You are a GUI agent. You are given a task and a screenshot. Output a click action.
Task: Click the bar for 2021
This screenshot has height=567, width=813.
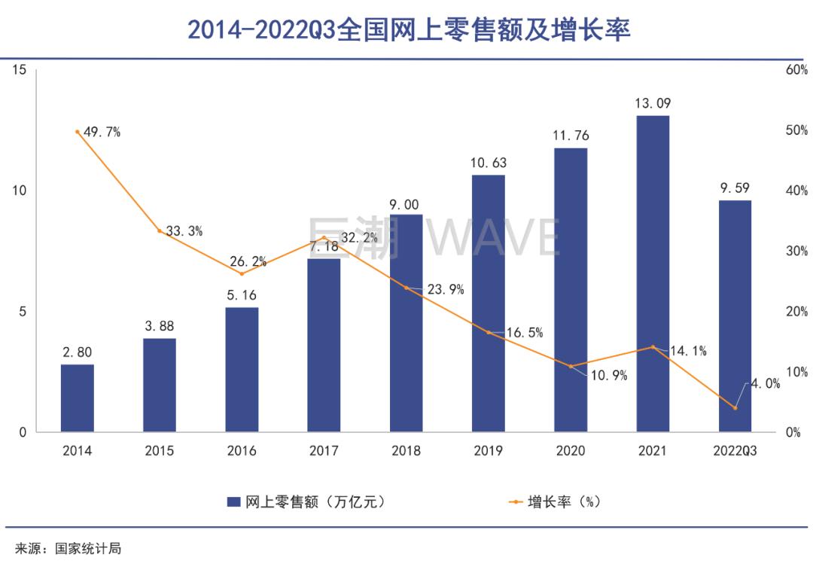pos(652,274)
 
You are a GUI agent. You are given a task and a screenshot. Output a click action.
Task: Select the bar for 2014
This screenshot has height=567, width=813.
pos(78,398)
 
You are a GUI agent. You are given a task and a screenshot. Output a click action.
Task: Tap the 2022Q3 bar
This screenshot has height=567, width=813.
pos(735,316)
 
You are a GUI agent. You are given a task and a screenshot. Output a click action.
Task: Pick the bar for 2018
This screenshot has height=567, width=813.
pos(406,324)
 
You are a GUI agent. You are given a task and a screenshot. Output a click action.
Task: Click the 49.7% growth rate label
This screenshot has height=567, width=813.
pos(102,133)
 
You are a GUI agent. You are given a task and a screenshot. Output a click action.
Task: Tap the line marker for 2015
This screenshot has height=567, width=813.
pos(160,230)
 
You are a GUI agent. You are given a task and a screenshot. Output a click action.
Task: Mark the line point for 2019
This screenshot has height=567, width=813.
pos(488,332)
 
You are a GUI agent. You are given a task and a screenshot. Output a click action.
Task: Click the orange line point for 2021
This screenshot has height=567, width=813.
pos(652,347)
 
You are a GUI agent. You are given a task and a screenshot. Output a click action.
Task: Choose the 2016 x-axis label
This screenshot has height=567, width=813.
pos(242,451)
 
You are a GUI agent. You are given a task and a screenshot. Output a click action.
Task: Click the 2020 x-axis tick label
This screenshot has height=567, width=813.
pos(570,451)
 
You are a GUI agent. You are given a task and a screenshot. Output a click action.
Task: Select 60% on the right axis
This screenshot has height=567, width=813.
pos(796,70)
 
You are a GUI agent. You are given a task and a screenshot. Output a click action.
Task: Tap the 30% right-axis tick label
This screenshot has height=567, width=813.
pos(796,251)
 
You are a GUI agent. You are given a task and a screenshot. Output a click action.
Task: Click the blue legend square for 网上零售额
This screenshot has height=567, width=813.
pos(233,501)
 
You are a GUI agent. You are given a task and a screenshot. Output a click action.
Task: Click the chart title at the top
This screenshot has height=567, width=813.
pos(407,29)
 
